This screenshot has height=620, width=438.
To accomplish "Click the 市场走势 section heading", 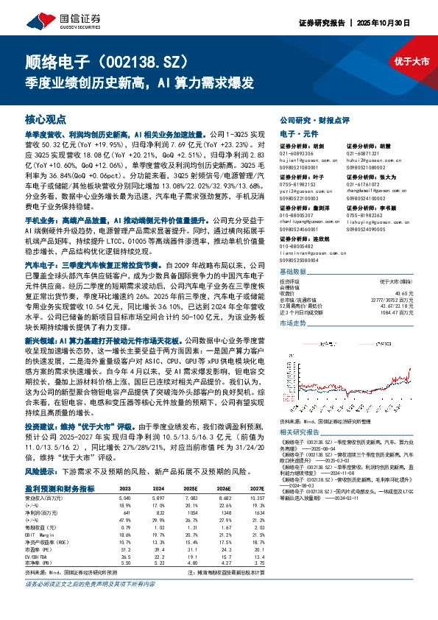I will pos(293,323).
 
